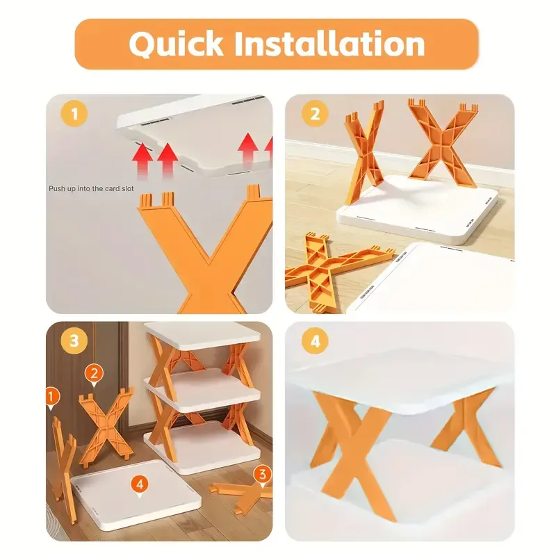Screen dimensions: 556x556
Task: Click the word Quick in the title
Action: pyautogui.click(x=176, y=44)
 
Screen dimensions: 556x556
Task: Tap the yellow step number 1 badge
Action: pyautogui.click(x=74, y=114)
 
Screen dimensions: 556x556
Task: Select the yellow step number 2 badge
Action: pyautogui.click(x=315, y=114)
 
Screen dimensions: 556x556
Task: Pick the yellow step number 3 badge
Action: pyautogui.click(x=74, y=341)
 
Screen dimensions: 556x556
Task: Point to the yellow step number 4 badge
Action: pyautogui.click(x=315, y=341)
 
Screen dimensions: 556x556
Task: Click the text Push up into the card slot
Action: pyautogui.click(x=91, y=188)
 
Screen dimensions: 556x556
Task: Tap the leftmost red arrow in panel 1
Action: pyautogui.click(x=142, y=159)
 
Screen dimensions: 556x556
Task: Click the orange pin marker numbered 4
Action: pyautogui.click(x=140, y=484)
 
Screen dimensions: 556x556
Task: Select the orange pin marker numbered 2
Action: pyautogui.click(x=94, y=375)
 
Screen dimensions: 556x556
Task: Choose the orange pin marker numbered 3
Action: pyautogui.click(x=263, y=475)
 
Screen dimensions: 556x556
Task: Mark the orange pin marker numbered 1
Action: pyautogui.click(x=52, y=397)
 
